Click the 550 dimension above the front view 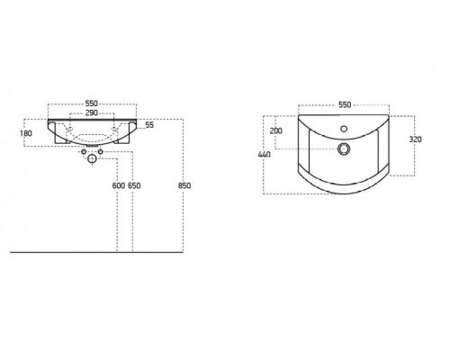click(92, 103)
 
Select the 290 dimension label click(92, 112)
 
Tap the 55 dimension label click(149, 125)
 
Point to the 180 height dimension click(26, 133)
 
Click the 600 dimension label click(119, 185)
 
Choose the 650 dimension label click(134, 185)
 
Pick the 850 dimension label click(184, 185)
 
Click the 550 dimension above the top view click(345, 104)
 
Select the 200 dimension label click(276, 130)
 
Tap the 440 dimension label click(264, 155)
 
